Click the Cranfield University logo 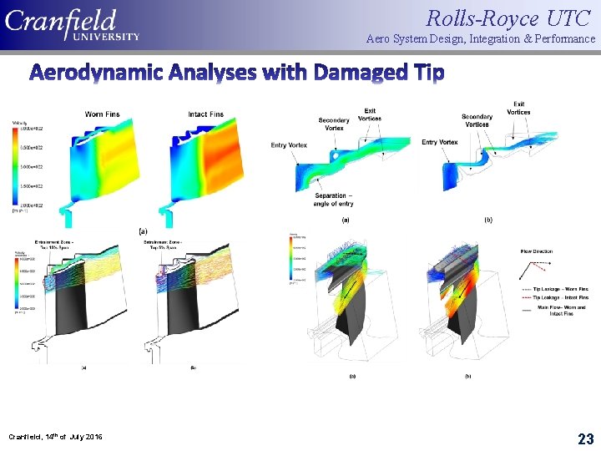[x=73, y=25]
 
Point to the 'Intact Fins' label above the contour [x=205, y=114]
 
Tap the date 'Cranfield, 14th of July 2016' [x=55, y=437]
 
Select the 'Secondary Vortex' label [x=334, y=124]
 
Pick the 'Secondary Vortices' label [x=477, y=120]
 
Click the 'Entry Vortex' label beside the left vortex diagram [x=290, y=145]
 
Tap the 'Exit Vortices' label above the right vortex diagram [x=518, y=108]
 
